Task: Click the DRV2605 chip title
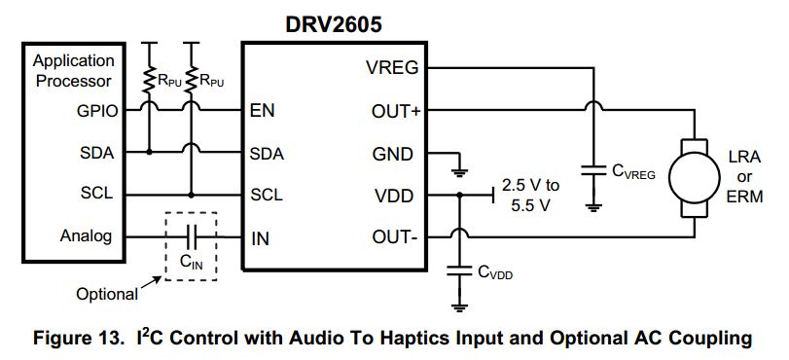tap(334, 22)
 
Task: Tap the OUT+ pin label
tap(396, 111)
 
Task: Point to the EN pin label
tap(262, 111)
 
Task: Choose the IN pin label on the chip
tap(260, 236)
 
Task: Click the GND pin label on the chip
tap(393, 153)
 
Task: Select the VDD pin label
tap(394, 195)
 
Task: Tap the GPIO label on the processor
tap(95, 111)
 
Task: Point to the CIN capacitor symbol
tap(192, 236)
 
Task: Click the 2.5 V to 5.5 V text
tap(530, 195)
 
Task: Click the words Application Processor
tap(74, 71)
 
